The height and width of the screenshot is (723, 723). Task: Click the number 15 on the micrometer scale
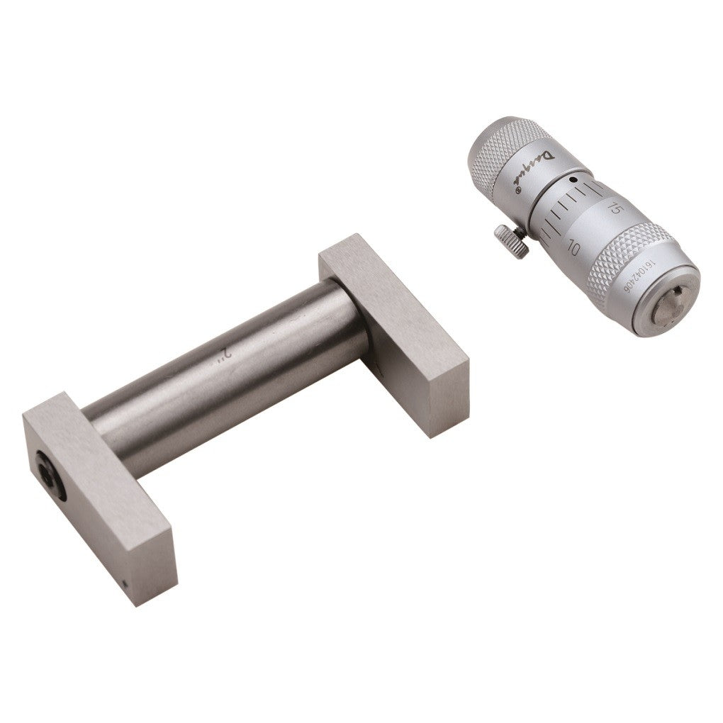615,208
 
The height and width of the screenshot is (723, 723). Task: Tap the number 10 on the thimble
573,249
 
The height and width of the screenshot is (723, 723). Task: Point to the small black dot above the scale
571,181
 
